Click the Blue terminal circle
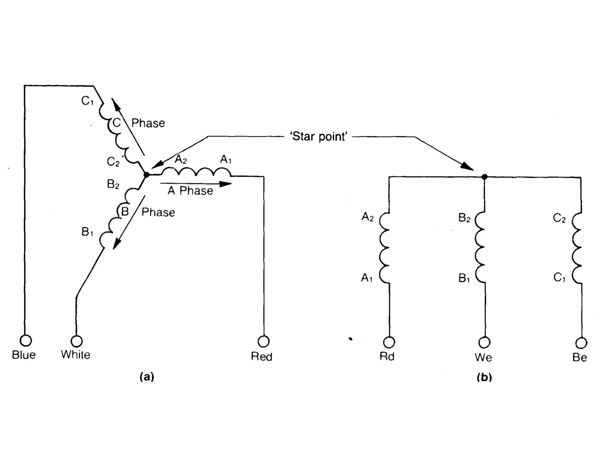(25, 340)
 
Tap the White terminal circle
(76, 341)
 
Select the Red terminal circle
(263, 341)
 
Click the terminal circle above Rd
(389, 342)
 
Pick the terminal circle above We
(484, 342)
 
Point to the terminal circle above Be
(581, 343)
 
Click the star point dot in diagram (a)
(146, 175)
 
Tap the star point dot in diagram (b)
(484, 177)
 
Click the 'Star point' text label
(318, 137)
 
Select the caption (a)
(147, 377)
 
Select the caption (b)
(484, 377)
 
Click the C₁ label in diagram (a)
(87, 101)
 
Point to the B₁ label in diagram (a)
(87, 232)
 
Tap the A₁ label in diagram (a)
(226, 160)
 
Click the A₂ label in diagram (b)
(368, 217)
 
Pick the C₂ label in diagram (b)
(559, 218)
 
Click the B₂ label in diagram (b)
(464, 218)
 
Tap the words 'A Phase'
(190, 191)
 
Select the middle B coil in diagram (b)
(480, 247)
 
